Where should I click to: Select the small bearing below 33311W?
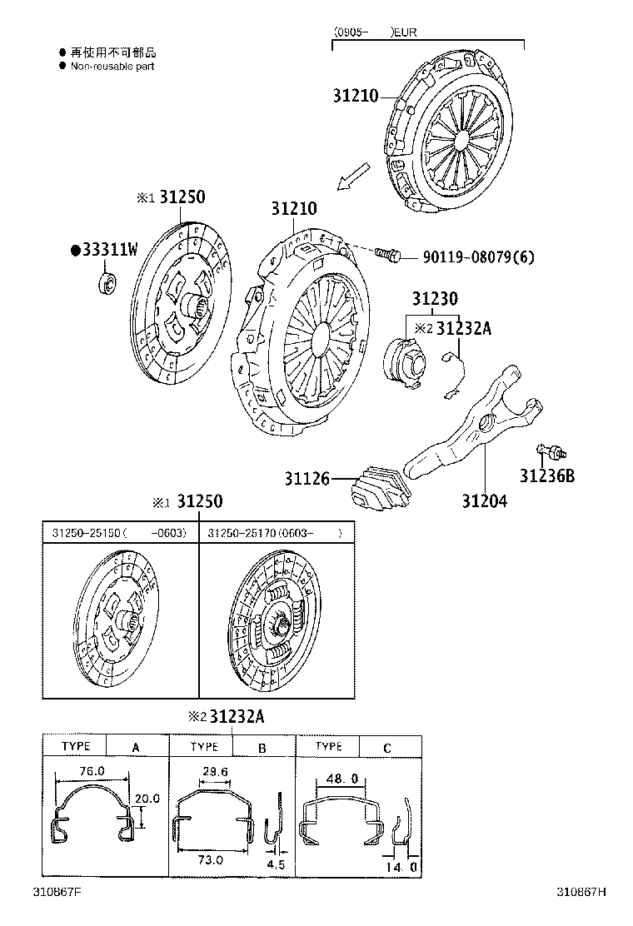107,281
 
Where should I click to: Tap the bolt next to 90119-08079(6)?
388,254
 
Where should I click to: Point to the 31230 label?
434,298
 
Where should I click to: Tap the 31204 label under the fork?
485,500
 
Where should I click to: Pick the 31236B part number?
547,476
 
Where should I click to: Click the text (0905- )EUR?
375,32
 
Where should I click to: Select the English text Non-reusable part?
112,66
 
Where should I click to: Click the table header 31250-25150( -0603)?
119,532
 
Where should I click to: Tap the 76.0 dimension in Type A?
92,771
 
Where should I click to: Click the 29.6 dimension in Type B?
215,772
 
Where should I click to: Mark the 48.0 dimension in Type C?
343,779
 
